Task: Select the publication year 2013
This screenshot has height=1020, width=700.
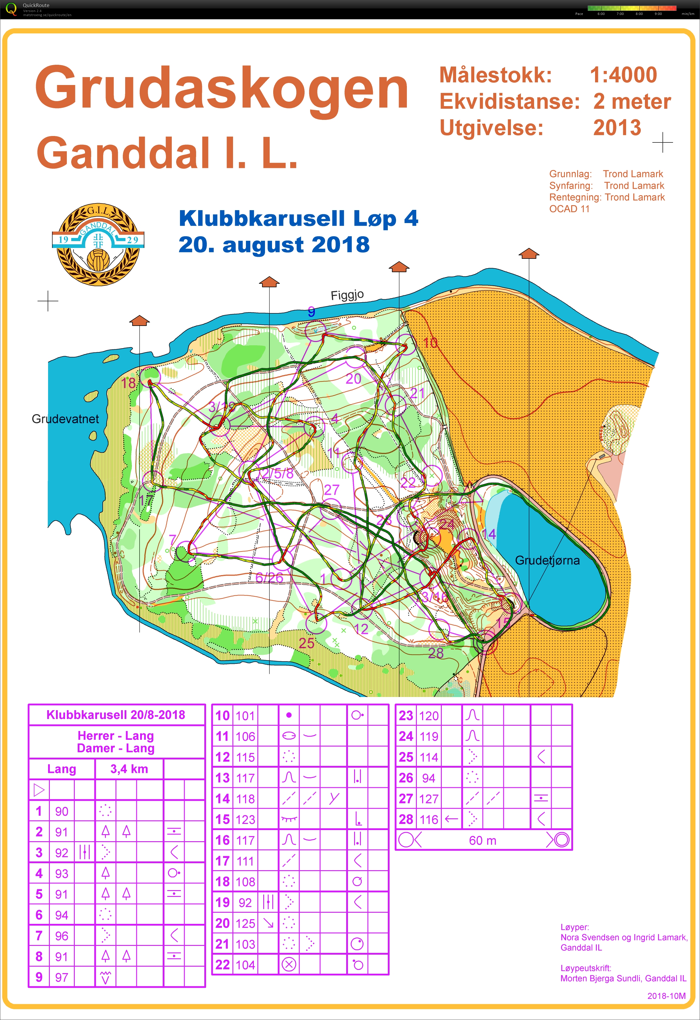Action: [x=617, y=128]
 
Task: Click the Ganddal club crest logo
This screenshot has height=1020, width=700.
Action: [x=98, y=244]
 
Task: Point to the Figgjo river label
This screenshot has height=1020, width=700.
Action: [x=347, y=295]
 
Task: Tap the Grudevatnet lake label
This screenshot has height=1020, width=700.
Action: [x=65, y=419]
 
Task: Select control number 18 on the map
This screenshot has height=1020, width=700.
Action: [x=128, y=383]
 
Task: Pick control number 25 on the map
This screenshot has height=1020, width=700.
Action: [x=306, y=643]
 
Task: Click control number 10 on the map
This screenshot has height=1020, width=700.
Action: [x=430, y=343]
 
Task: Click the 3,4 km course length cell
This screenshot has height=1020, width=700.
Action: [x=129, y=769]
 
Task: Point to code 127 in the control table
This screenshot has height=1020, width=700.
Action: [x=428, y=799]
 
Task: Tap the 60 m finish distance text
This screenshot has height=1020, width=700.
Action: [x=482, y=841]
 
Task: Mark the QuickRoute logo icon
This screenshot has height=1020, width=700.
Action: [x=11, y=9]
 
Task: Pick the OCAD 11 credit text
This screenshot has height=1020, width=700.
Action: [x=569, y=209]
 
